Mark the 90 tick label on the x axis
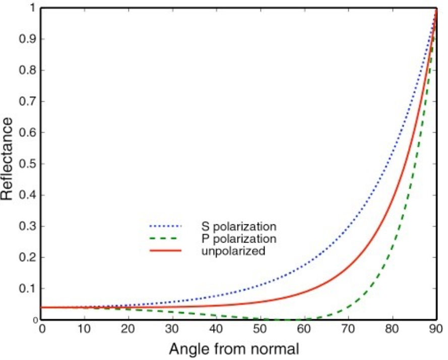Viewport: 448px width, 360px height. (x=436, y=329)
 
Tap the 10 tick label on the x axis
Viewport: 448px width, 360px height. (x=84, y=329)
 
